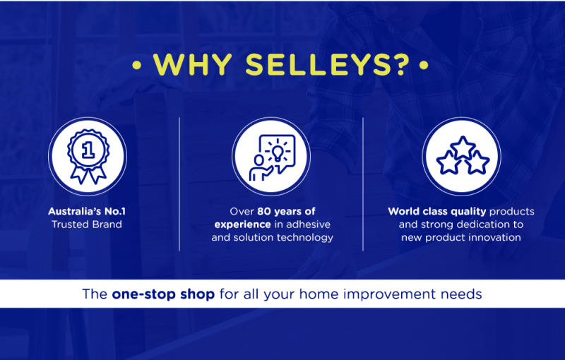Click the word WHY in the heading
click(192, 65)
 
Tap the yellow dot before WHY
click(136, 65)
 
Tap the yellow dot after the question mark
click(424, 65)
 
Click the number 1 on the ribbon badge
click(88, 150)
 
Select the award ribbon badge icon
click(88, 157)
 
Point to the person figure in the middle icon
click(260, 168)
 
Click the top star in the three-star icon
click(463, 148)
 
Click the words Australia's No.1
click(87, 211)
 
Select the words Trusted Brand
click(87, 224)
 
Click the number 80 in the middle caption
click(264, 211)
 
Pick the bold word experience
click(242, 225)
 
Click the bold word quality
click(468, 212)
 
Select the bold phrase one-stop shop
click(163, 294)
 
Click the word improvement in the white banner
click(390, 294)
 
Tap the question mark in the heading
click(402, 65)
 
